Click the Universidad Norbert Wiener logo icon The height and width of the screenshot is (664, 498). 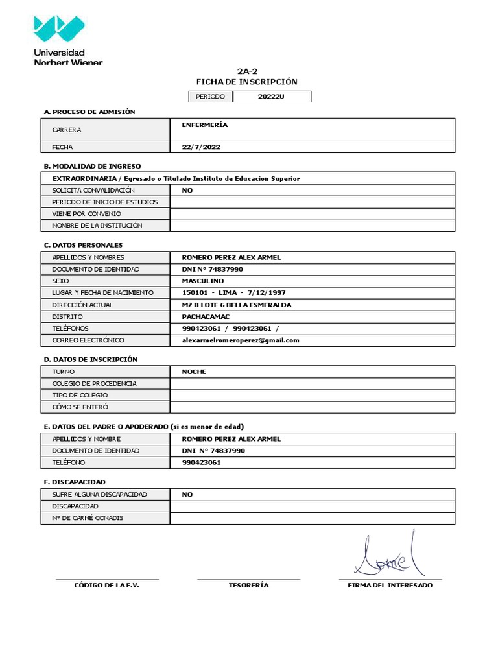coord(58,29)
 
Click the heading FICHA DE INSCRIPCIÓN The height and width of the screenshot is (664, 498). coord(246,82)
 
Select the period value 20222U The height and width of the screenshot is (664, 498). coord(271,97)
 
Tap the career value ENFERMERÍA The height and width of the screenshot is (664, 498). coord(205,124)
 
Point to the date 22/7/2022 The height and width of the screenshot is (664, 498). coord(201,147)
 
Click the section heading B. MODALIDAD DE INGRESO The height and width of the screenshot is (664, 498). coord(92,166)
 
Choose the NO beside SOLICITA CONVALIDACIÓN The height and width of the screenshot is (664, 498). coord(187,191)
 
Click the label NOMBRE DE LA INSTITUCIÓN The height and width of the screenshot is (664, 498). coord(97,226)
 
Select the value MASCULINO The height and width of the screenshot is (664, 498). coord(203,281)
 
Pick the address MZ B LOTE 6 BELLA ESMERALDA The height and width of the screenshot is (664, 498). coord(237,305)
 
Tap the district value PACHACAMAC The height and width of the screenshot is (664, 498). coord(206,316)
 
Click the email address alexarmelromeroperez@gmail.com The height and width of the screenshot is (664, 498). coord(241,340)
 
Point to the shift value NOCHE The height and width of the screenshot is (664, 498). coord(194,372)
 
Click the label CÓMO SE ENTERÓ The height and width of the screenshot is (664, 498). coord(80,407)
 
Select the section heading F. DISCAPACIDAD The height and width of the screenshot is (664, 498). coord(75,482)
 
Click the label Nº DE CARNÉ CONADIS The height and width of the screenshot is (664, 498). coord(88,518)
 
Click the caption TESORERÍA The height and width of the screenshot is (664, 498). coord(248,586)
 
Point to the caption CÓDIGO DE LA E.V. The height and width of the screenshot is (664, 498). coord(106,586)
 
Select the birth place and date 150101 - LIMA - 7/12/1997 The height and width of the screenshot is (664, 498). coord(234,293)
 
